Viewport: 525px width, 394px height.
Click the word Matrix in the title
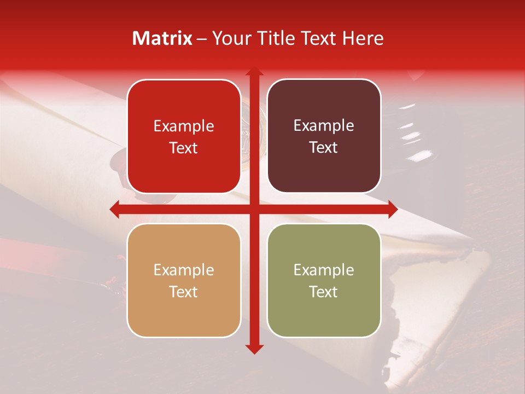tap(162, 38)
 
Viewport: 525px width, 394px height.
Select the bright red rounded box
tap(184, 137)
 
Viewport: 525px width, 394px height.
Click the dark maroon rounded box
tap(324, 136)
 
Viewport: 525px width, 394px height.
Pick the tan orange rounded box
tap(184, 281)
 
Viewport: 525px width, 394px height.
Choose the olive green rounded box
tap(324, 281)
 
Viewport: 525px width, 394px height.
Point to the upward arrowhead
tap(254, 73)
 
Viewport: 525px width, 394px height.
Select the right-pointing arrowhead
tap(392, 209)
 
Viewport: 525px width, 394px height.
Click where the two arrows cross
tap(254, 209)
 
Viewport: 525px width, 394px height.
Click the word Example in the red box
tap(184, 126)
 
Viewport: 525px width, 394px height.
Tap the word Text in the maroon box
tap(324, 148)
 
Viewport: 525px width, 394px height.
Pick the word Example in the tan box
tap(184, 270)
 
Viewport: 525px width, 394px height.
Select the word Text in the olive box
tap(324, 292)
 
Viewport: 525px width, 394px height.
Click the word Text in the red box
tap(184, 148)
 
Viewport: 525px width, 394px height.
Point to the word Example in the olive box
tap(324, 270)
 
